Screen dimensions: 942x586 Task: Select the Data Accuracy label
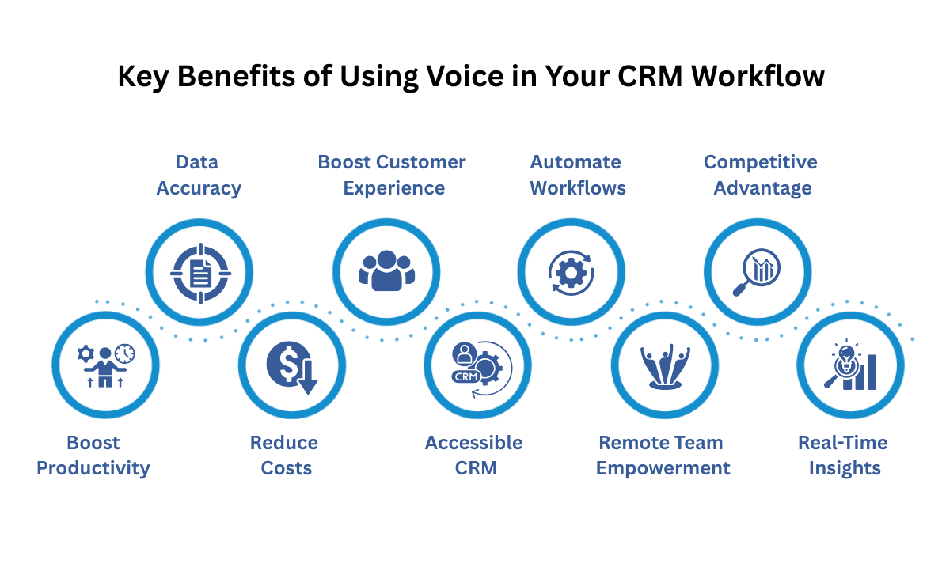pyautogui.click(x=198, y=175)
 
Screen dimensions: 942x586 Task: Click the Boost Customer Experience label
pyautogui.click(x=392, y=175)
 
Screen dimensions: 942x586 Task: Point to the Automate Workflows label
pyautogui.click(x=577, y=175)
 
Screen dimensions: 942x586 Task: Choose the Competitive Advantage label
pyautogui.click(x=761, y=175)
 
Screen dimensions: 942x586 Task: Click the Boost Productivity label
pyautogui.click(x=93, y=456)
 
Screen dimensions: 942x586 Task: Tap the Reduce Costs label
pyautogui.click(x=285, y=456)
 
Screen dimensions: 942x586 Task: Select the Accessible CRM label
pyautogui.click(x=474, y=456)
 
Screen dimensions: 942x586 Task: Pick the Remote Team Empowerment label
pyautogui.click(x=663, y=456)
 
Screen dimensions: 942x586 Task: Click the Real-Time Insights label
pyautogui.click(x=844, y=456)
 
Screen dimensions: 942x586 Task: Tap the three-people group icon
pyautogui.click(x=386, y=271)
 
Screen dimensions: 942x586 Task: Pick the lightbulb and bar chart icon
pyautogui.click(x=850, y=365)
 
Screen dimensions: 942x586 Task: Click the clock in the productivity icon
pyautogui.click(x=124, y=353)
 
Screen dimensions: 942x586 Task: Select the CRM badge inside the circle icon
pyautogui.click(x=465, y=376)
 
